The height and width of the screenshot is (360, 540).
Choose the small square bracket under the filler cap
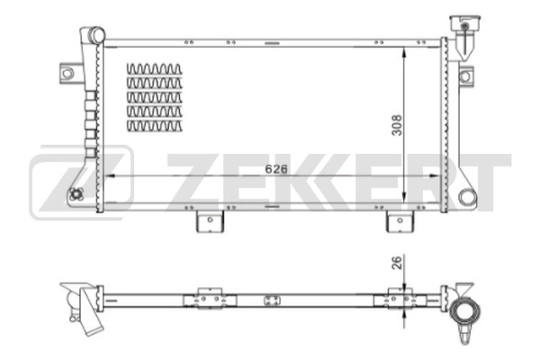[464, 76]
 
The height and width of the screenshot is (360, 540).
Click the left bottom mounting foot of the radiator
[207, 220]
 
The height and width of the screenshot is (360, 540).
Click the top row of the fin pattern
[154, 68]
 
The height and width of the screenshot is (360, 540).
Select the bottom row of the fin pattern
[154, 126]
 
